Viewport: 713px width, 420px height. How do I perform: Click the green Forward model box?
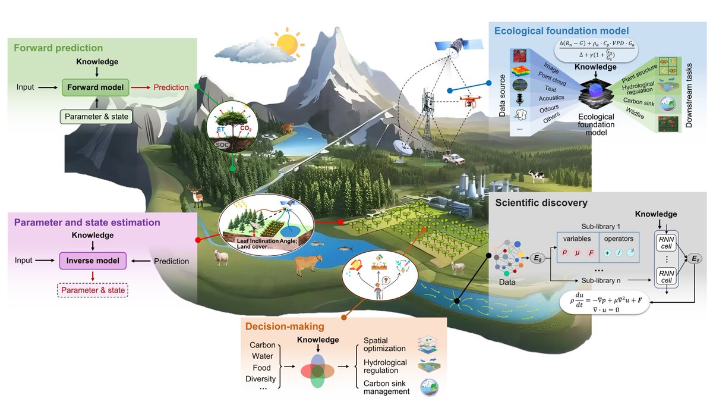coord(96,87)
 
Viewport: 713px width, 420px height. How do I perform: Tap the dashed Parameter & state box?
coord(92,290)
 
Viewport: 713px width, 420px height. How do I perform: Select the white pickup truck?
coord(455,159)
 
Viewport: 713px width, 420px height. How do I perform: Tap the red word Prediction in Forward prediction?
coord(171,87)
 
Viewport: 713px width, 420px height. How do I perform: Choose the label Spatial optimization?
coord(384,344)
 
